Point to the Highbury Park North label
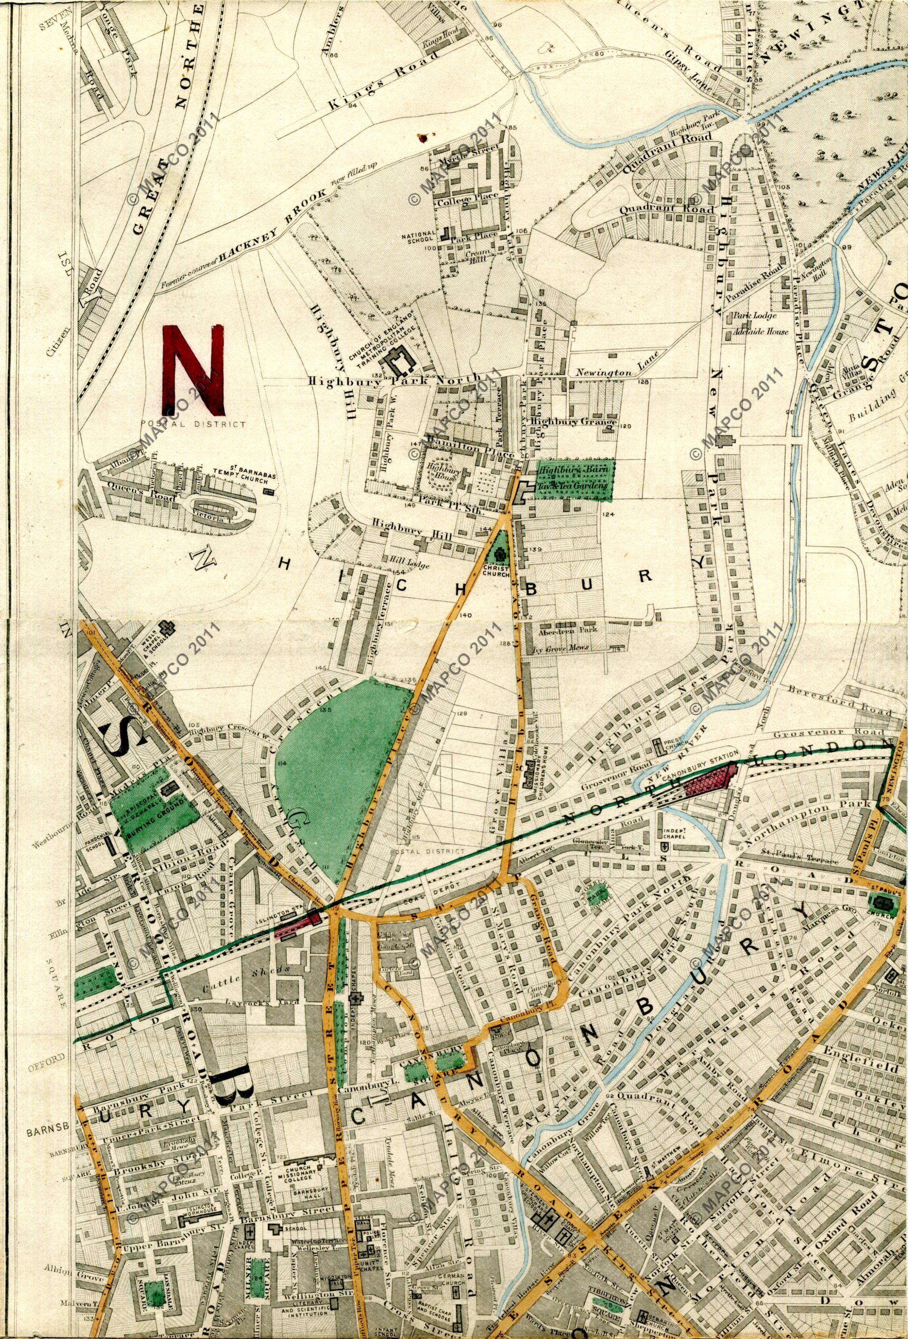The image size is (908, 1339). (394, 380)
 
